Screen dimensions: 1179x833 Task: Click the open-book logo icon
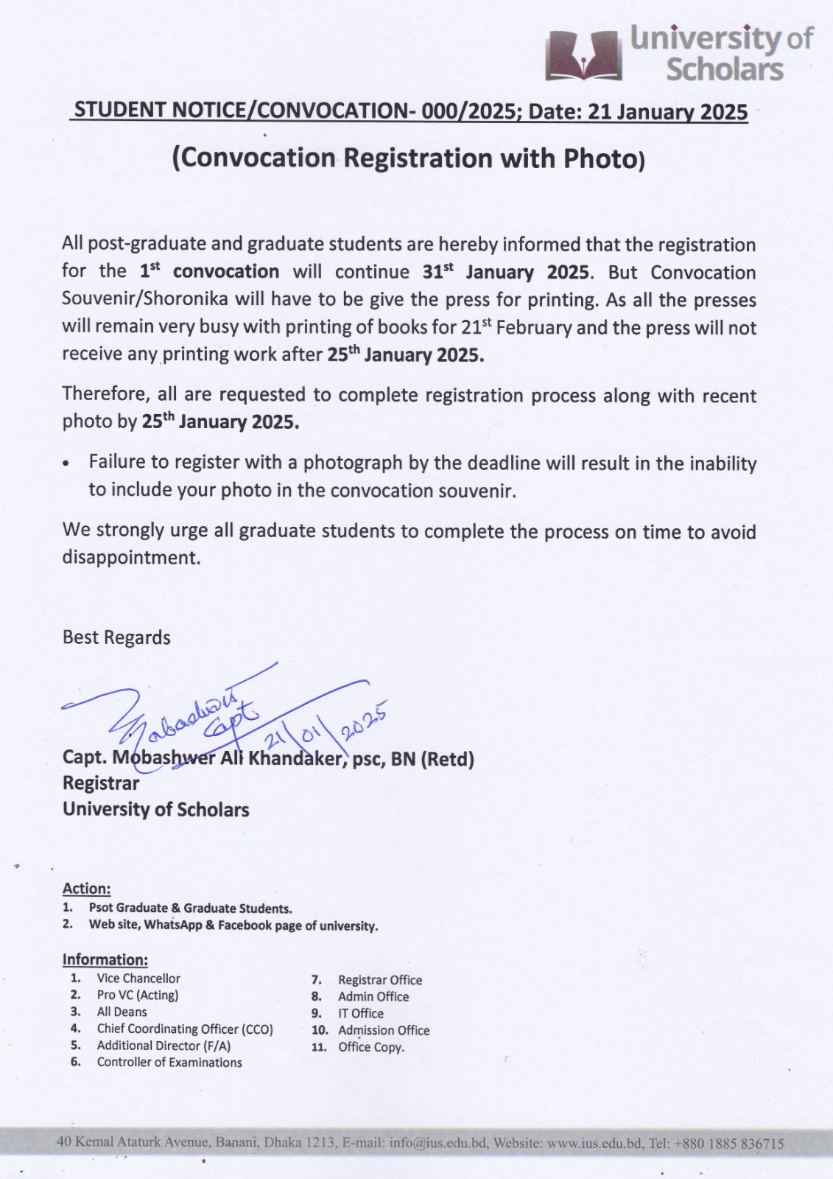tap(583, 55)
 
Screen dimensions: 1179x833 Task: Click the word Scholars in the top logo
tap(724, 70)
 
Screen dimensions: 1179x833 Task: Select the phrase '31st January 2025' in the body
tap(507, 272)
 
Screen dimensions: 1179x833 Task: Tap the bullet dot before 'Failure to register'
tap(67, 465)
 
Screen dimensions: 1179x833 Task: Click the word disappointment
tap(131, 558)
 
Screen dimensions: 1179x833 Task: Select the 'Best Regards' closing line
tap(116, 637)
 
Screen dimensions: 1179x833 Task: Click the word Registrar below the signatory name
tap(101, 783)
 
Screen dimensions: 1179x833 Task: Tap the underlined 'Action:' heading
tap(86, 889)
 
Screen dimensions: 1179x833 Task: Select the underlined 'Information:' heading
tap(105, 959)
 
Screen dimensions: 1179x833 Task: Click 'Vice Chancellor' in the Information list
tap(138, 979)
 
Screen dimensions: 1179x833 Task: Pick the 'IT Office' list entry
tap(361, 1014)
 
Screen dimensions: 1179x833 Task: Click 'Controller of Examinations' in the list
tap(169, 1063)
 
